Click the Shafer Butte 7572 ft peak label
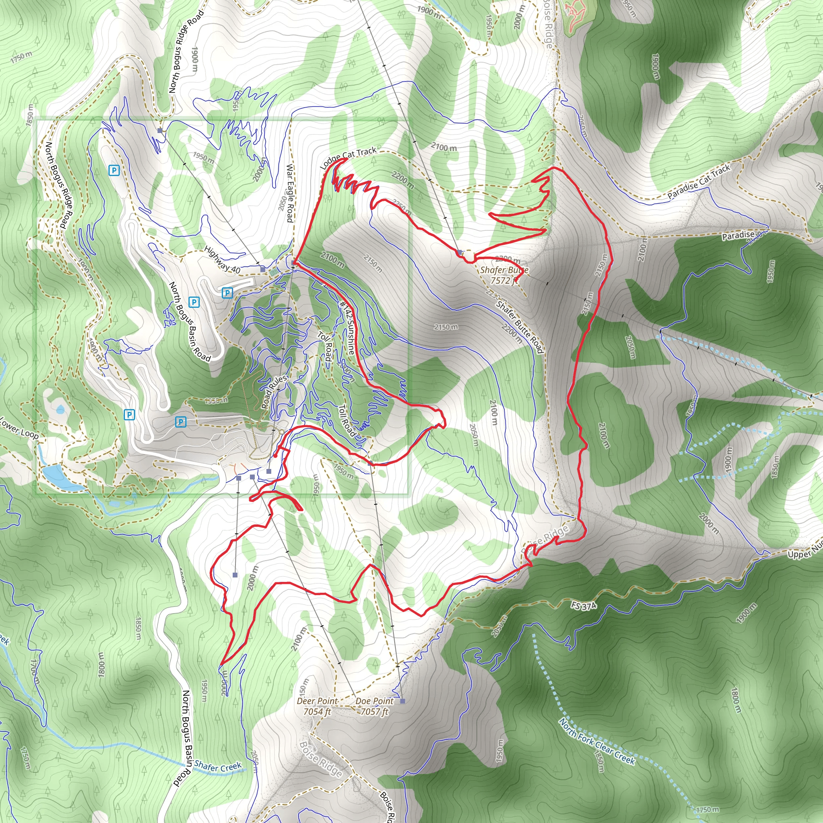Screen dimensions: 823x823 pos(504,275)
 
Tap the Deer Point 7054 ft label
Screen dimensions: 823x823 pos(317,706)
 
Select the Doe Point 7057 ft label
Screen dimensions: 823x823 pos(375,706)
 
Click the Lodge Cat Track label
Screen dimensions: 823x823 pos(348,158)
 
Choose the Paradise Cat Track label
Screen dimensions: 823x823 pos(698,182)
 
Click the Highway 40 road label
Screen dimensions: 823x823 pos(222,260)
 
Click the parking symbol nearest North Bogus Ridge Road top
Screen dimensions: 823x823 pos(114,170)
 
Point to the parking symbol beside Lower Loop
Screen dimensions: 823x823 pos(129,414)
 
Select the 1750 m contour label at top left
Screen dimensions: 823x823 pos(21,57)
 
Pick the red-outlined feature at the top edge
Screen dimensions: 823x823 pos(575,13)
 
